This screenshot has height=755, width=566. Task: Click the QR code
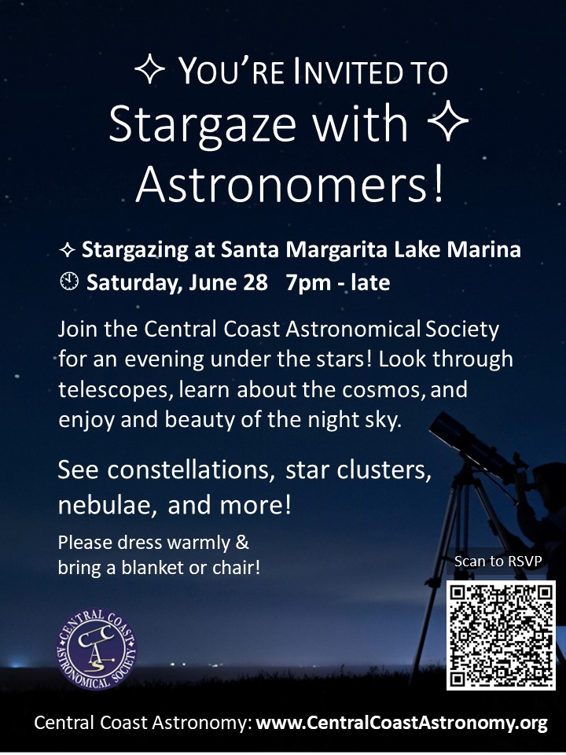tap(501, 635)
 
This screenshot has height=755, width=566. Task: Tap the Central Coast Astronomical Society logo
tap(96, 650)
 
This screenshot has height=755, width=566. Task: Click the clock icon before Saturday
tap(69, 282)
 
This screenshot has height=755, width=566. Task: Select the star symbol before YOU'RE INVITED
tap(149, 69)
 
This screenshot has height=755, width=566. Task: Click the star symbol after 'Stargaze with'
tap(448, 121)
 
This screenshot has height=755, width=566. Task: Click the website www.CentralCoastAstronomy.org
tap(402, 723)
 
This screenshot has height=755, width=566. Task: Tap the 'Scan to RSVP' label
tap(498, 561)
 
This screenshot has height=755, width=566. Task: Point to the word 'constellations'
tap(191, 470)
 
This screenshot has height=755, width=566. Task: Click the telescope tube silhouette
tap(472, 445)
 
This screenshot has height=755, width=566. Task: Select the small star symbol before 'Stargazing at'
tap(67, 250)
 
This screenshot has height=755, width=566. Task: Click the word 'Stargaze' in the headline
tap(202, 124)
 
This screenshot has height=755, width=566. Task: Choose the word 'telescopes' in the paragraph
tap(116, 389)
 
